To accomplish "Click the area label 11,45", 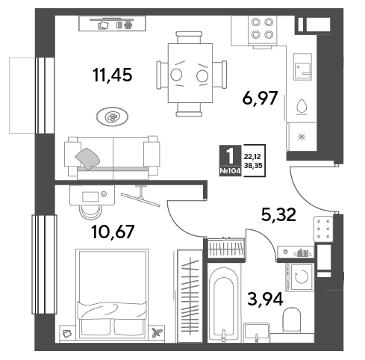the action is tap(112, 75).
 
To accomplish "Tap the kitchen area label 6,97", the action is tap(260, 98).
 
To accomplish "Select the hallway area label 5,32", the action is tap(278, 214).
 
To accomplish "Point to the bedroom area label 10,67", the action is tap(113, 232).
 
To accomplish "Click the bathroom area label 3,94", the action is tap(266, 299).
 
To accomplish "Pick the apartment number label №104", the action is tap(230, 171).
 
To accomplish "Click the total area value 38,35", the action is tap(253, 165).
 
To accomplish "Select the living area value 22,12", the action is tap(252, 157).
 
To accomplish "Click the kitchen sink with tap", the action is tap(302, 66).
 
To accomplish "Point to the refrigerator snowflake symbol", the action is tap(302, 137).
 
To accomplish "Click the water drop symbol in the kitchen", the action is tap(302, 107).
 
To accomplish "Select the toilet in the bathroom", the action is tap(291, 320).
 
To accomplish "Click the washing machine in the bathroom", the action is tap(300, 277).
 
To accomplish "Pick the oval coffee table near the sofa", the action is tap(112, 117).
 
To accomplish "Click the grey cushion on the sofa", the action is tap(87, 158).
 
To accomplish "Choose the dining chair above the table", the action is tap(189, 37).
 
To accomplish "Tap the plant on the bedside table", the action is tap(157, 333).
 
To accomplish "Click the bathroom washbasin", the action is tap(257, 332).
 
